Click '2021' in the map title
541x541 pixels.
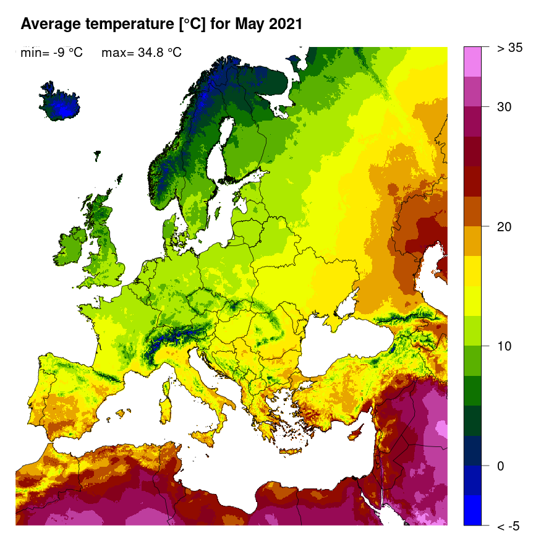281,24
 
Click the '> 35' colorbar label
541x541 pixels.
509,48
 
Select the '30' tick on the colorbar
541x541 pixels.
505,107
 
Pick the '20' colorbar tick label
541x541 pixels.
505,226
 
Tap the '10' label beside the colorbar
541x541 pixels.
505,346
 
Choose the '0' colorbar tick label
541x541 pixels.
501,466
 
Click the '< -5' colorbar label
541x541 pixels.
508,526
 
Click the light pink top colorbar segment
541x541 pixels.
472,61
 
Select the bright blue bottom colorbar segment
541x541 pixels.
472,510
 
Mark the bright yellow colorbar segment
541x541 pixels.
472,271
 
